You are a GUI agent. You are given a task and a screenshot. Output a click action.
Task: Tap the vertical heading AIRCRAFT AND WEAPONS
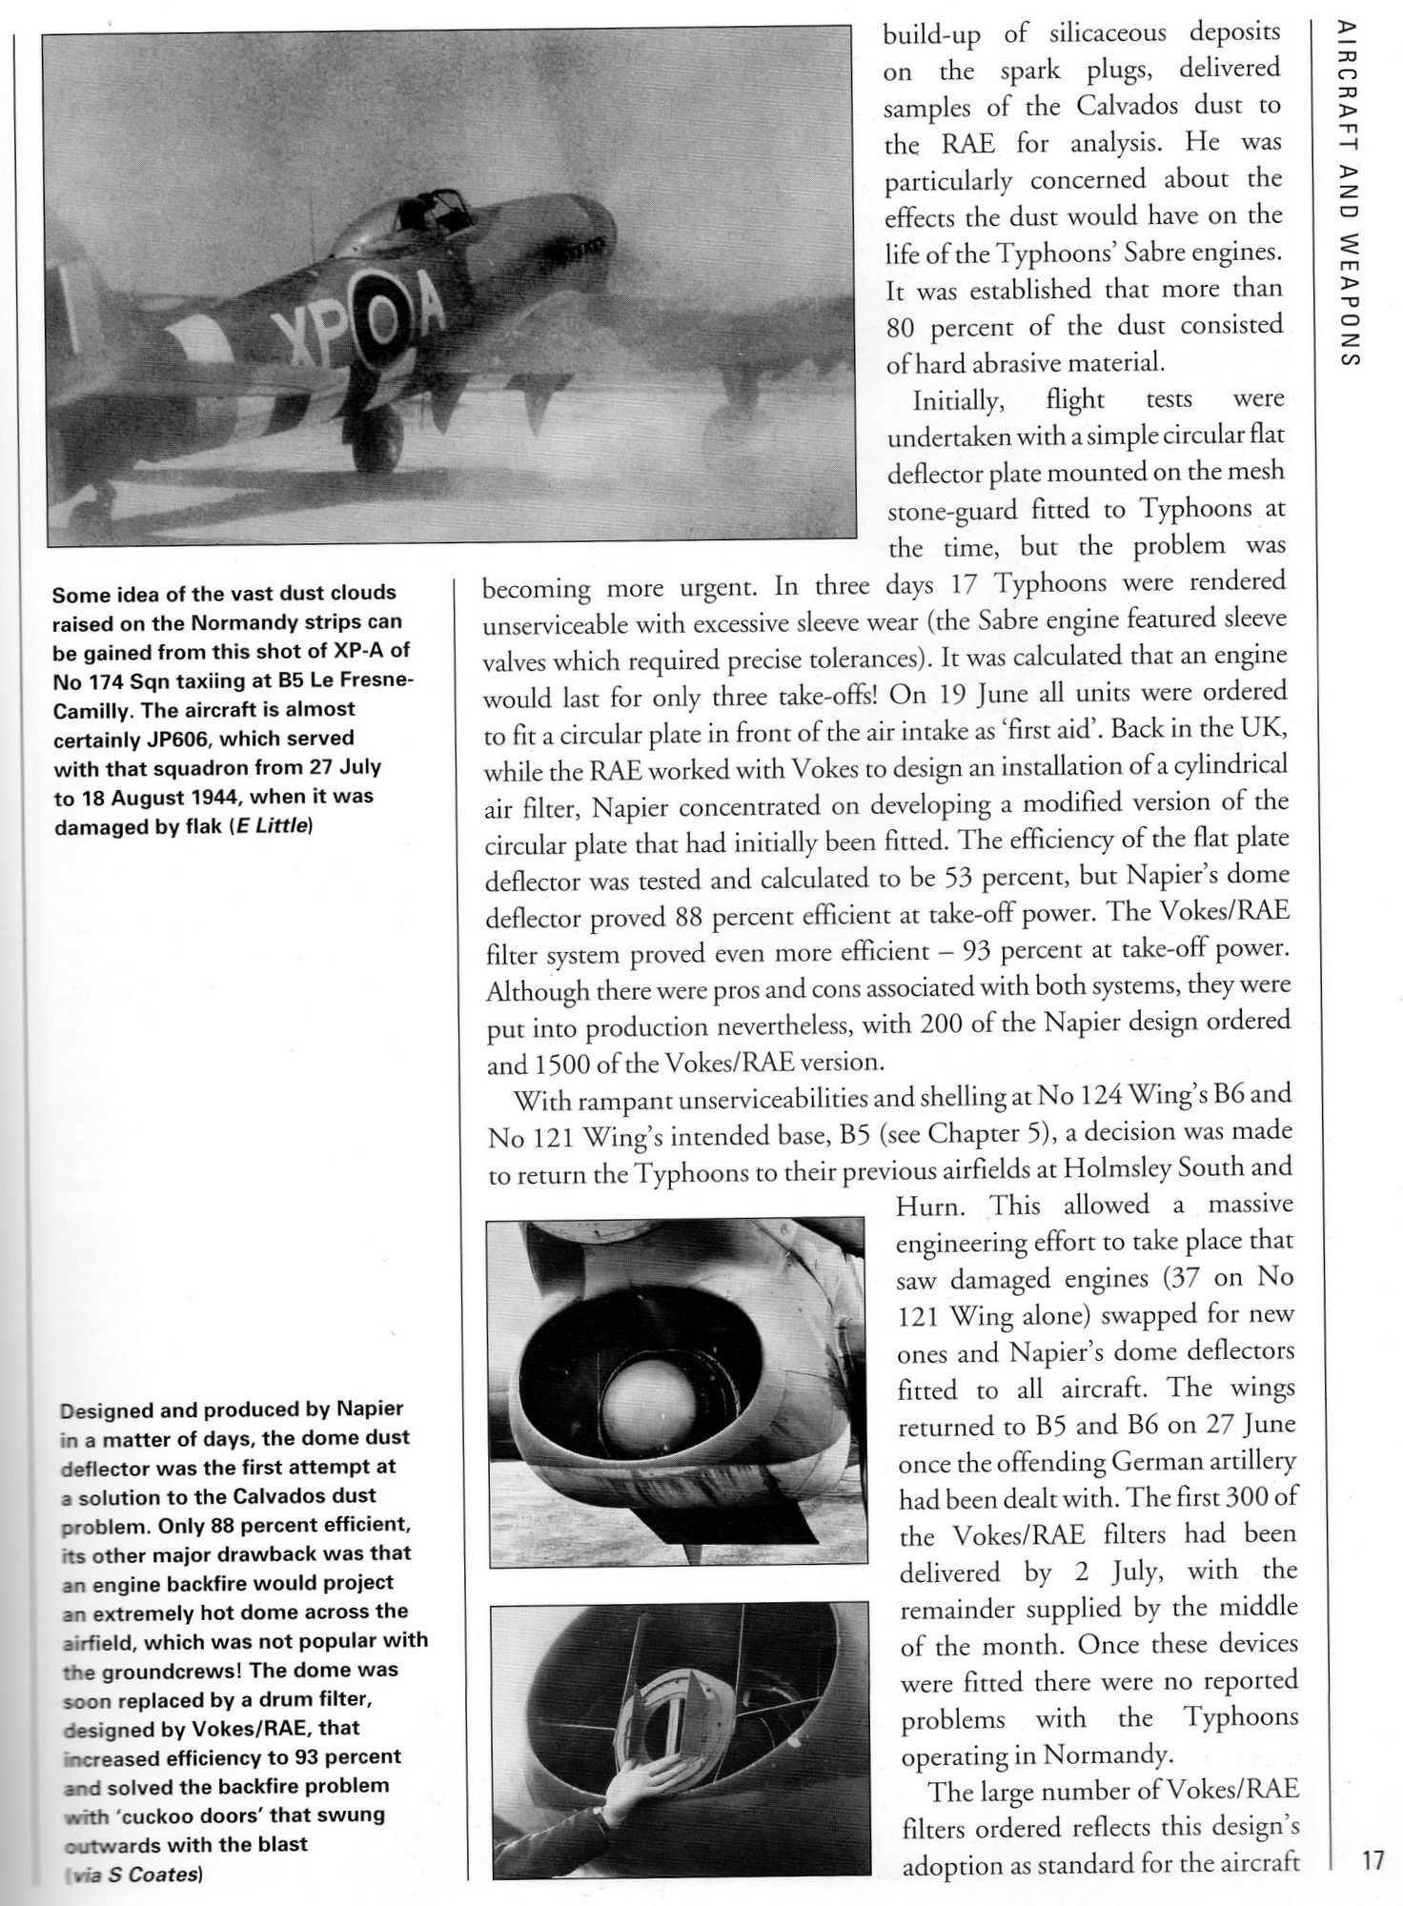click(x=1346, y=195)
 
